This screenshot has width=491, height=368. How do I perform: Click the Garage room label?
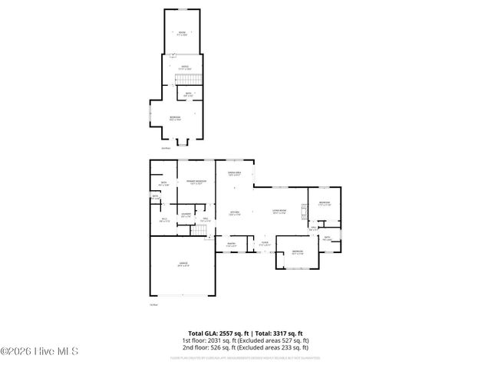(x=183, y=266)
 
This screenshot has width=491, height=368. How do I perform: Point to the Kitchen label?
(x=235, y=212)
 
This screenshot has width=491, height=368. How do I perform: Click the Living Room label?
(x=280, y=212)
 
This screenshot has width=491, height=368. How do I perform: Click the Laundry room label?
(x=186, y=216)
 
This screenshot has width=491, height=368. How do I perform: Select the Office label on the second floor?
(x=184, y=67)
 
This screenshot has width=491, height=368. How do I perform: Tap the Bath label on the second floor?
(x=188, y=94)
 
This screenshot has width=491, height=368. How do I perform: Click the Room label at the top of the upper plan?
(x=183, y=32)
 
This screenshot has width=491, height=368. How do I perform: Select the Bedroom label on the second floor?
(x=175, y=117)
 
